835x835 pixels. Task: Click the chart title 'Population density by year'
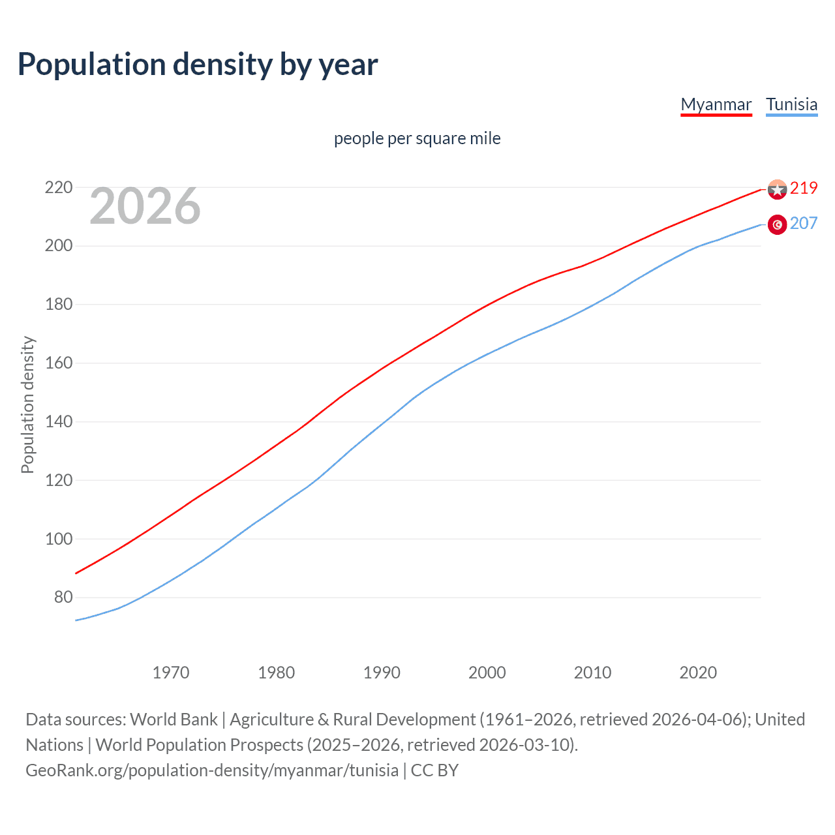click(198, 65)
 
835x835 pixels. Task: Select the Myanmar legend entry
click(716, 104)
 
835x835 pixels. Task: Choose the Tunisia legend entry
click(791, 104)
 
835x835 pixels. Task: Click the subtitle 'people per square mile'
click(417, 138)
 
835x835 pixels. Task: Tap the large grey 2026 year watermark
click(145, 206)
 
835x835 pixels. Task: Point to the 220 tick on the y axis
click(58, 188)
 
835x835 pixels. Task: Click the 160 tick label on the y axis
click(58, 363)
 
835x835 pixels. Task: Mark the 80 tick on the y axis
click(63, 598)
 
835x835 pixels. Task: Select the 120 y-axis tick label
click(58, 480)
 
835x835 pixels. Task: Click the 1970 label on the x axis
click(170, 673)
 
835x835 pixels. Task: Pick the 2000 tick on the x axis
click(487, 673)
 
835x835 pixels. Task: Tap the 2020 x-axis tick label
click(698, 673)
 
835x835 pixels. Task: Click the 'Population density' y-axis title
click(27, 404)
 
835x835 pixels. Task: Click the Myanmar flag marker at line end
click(777, 189)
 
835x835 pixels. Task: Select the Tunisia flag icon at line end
click(777, 224)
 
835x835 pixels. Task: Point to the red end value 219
click(804, 188)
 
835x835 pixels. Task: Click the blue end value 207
click(804, 223)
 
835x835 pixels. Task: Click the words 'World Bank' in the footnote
click(174, 720)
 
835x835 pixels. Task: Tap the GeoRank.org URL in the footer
click(211, 770)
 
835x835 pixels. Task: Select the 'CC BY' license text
click(434, 770)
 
